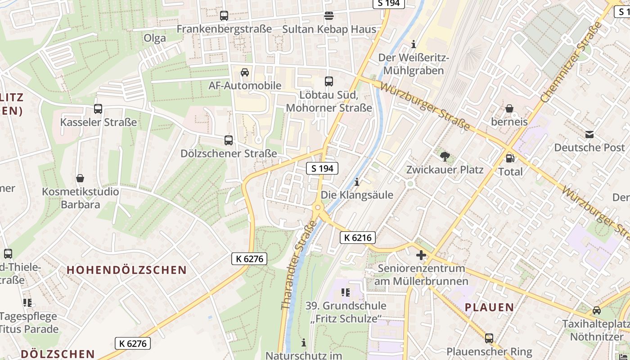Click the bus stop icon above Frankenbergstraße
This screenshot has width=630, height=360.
click(224, 16)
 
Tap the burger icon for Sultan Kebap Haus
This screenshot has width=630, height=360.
click(329, 16)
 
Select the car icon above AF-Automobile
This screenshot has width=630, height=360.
click(245, 72)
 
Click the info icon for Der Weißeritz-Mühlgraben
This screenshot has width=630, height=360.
click(414, 44)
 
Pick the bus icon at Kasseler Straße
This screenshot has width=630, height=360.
click(98, 108)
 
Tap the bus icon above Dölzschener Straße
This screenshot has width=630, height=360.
click(229, 140)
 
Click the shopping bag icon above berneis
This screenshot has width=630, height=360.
click(509, 108)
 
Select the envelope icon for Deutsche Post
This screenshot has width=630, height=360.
click(589, 134)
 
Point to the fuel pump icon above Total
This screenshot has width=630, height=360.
click(510, 158)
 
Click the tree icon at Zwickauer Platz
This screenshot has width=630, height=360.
click(445, 156)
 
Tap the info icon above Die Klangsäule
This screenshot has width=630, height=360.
click(357, 182)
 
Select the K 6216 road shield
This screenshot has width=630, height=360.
click(358, 238)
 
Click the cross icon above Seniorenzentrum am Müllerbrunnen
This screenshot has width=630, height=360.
click(421, 255)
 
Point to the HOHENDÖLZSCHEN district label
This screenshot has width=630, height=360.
click(126, 270)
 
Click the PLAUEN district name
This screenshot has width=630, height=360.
click(489, 308)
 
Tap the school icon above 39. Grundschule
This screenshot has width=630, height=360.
click(346, 292)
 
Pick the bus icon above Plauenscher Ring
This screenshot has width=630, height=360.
click(489, 338)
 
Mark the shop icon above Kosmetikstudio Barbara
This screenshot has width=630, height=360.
click(80, 178)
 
